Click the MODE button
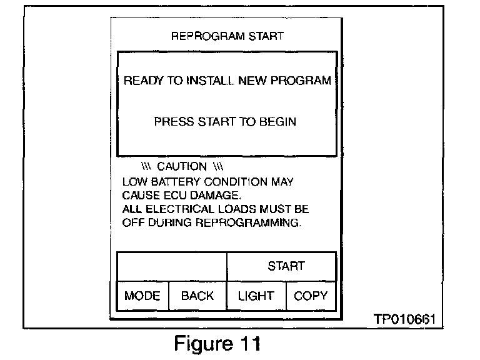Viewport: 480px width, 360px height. coord(142,296)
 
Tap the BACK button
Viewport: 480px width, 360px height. coord(197,296)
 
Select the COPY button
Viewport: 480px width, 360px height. coord(310,296)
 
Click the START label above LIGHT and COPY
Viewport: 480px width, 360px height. coord(286,266)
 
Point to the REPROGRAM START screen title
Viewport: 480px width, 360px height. coord(227,37)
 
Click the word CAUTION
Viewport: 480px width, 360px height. coord(181,166)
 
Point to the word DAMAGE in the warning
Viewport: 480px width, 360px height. coord(204,195)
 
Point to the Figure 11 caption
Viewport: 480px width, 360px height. coord(217,343)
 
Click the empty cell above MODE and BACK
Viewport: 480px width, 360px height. coord(171,266)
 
